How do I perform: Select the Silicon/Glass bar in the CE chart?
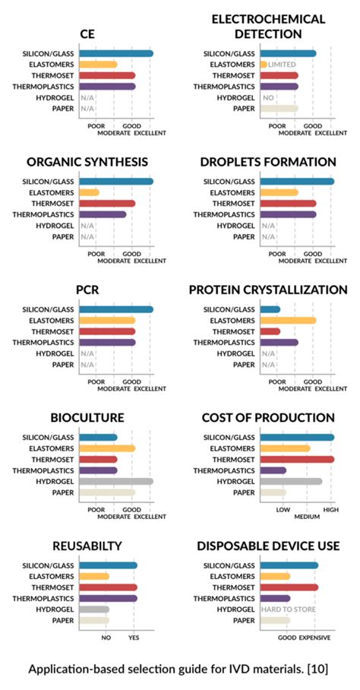click(x=115, y=53)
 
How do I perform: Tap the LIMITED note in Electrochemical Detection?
click(x=282, y=65)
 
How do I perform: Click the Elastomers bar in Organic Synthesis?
click(x=89, y=192)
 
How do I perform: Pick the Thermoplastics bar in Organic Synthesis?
click(x=103, y=214)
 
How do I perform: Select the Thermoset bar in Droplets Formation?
click(x=288, y=204)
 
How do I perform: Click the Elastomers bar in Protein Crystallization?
click(x=288, y=321)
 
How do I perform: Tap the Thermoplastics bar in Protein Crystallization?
click(x=279, y=343)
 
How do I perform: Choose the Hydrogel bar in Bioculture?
click(x=115, y=481)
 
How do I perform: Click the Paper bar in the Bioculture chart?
click(x=107, y=492)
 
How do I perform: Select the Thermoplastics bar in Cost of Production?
click(x=273, y=470)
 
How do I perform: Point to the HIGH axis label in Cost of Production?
click(x=330, y=509)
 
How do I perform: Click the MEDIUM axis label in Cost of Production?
click(x=307, y=517)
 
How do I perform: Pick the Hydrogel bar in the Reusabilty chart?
click(x=94, y=609)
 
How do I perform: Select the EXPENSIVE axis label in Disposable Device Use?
click(x=315, y=638)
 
